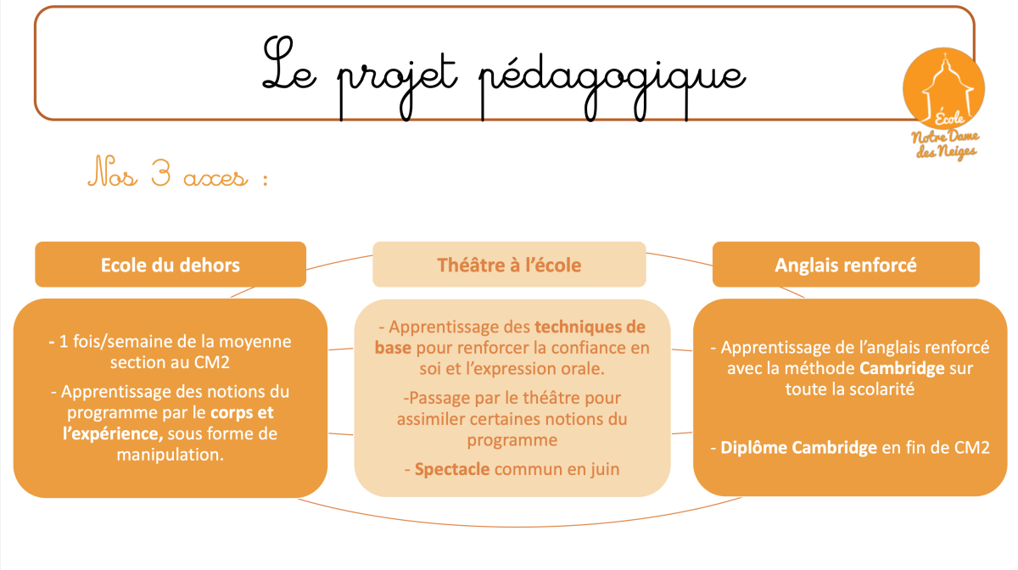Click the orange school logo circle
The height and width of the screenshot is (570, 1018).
pos(944,87)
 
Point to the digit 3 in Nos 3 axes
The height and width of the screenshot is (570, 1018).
pos(161,173)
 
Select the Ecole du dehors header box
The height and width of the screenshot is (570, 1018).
pos(171,264)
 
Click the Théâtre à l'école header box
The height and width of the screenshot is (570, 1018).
pos(509,264)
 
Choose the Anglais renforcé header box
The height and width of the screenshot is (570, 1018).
pos(846,264)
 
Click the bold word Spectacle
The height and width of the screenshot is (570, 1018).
pos(452,469)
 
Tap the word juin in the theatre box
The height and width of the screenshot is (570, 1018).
pos(605,469)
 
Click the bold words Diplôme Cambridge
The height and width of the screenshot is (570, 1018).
pos(799,448)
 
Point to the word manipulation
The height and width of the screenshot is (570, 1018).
pos(170,455)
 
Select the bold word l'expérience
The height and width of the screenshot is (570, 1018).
pos(113,433)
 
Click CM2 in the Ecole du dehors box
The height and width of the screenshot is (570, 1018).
pos(212,363)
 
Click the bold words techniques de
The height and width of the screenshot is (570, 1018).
pos(590,327)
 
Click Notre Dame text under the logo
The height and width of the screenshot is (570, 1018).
pos(945,137)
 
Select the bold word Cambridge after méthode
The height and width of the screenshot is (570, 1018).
pos(902,368)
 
